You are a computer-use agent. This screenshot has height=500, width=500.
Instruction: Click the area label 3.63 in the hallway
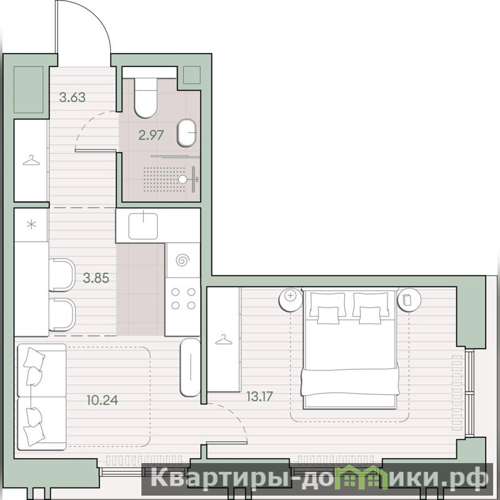coord(73,97)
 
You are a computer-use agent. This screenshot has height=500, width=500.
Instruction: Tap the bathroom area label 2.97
coord(151,135)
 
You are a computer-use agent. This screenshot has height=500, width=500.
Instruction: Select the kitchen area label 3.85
coord(96,278)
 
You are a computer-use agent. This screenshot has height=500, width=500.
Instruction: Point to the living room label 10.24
coord(103,400)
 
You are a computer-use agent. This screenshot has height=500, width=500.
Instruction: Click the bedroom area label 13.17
coord(260,396)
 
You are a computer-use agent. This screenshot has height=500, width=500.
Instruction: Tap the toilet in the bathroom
coord(146,97)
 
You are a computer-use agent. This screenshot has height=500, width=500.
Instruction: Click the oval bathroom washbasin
coord(186,133)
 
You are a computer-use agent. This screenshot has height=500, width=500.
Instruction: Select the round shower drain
coord(182,179)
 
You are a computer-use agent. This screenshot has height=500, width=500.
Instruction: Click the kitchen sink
coord(143,226)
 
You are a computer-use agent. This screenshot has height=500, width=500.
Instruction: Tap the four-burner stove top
coord(183,298)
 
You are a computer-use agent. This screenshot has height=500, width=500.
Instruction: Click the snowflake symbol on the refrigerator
coord(31,225)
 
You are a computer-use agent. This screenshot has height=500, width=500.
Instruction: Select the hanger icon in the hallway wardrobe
coord(31,160)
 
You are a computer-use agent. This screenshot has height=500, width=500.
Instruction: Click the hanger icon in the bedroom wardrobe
coord(223,340)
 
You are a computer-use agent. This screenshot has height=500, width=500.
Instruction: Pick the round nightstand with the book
coord(409,299)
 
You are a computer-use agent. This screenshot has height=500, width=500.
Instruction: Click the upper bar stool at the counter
coord(62,275)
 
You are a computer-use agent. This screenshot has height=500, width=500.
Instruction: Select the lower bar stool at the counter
coord(62,315)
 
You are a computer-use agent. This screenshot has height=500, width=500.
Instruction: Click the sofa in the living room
coord(42,397)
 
